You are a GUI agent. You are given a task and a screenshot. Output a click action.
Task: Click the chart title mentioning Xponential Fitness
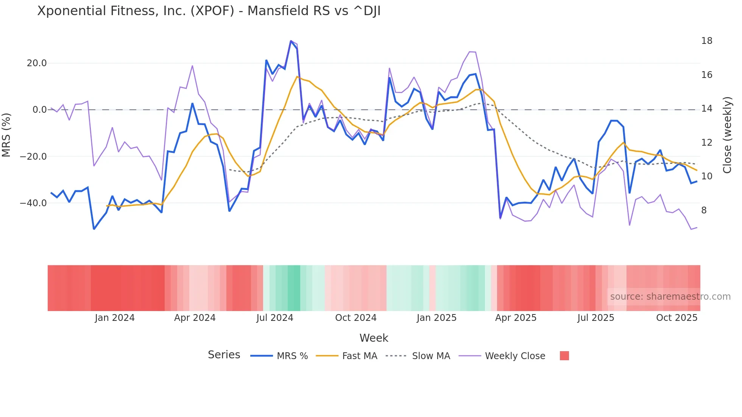point(209,11)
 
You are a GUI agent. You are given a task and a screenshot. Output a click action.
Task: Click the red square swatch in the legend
point(564,356)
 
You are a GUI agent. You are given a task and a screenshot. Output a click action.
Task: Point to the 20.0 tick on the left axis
point(37,63)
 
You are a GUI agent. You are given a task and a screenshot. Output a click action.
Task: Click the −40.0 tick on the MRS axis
point(33,203)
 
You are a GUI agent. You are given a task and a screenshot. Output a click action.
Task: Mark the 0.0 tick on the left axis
point(39,110)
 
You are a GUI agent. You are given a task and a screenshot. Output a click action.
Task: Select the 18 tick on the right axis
point(706,41)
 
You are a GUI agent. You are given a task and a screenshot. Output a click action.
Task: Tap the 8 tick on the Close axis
point(704,210)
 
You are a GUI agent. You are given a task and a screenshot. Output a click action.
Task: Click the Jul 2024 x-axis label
point(275,318)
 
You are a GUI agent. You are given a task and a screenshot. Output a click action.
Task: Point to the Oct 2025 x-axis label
point(677,318)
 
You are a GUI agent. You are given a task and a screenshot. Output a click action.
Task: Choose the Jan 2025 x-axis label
point(436,318)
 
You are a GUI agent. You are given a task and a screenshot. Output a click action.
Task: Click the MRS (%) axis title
point(6,135)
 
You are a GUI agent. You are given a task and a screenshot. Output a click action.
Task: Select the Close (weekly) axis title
point(727,135)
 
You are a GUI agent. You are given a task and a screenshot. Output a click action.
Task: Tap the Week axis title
point(374,338)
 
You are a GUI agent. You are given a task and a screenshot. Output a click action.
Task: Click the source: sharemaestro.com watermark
point(670,297)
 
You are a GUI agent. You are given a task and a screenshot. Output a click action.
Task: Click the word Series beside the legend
point(224,355)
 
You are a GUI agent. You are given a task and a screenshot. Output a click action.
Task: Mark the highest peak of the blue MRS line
point(291,41)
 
